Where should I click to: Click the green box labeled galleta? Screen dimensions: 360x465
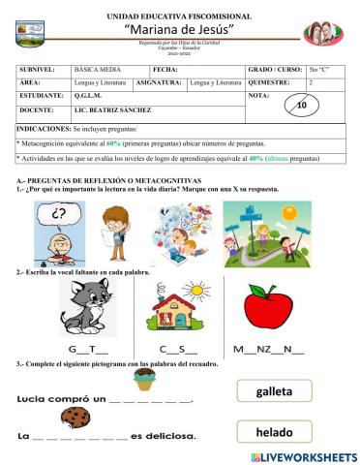click(274, 390)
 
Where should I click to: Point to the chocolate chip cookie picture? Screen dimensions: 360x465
click(75, 418)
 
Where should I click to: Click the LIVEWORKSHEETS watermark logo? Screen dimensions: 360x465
click(303, 455)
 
